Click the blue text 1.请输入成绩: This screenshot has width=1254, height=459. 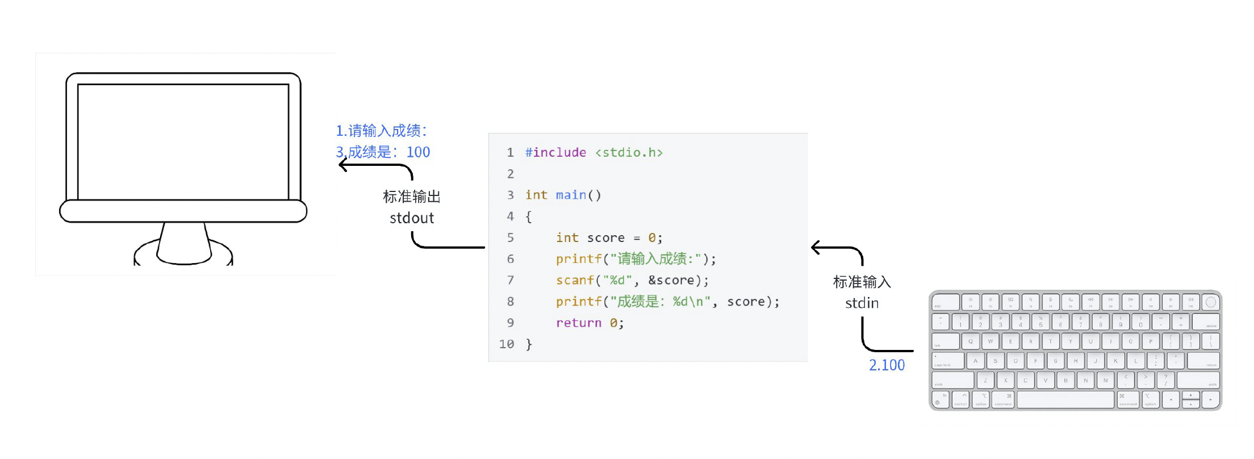[x=381, y=131]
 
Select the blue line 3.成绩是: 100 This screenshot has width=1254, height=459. [x=383, y=152]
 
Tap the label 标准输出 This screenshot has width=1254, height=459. [x=412, y=197]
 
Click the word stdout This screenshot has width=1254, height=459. [x=412, y=218]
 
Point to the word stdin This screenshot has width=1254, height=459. [x=862, y=303]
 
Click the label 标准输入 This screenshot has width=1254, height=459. [x=862, y=282]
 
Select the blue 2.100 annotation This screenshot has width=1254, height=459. [x=887, y=365]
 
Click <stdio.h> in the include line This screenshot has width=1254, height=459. [x=629, y=153]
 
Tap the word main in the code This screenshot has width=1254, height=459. [x=571, y=195]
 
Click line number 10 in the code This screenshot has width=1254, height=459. [x=507, y=344]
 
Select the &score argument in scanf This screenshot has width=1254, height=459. [x=671, y=281]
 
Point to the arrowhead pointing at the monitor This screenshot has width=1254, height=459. [x=342, y=165]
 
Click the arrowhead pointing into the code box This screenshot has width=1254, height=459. [x=816, y=248]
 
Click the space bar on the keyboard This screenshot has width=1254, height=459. [x=1065, y=400]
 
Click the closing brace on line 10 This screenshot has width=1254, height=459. [x=529, y=344]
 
